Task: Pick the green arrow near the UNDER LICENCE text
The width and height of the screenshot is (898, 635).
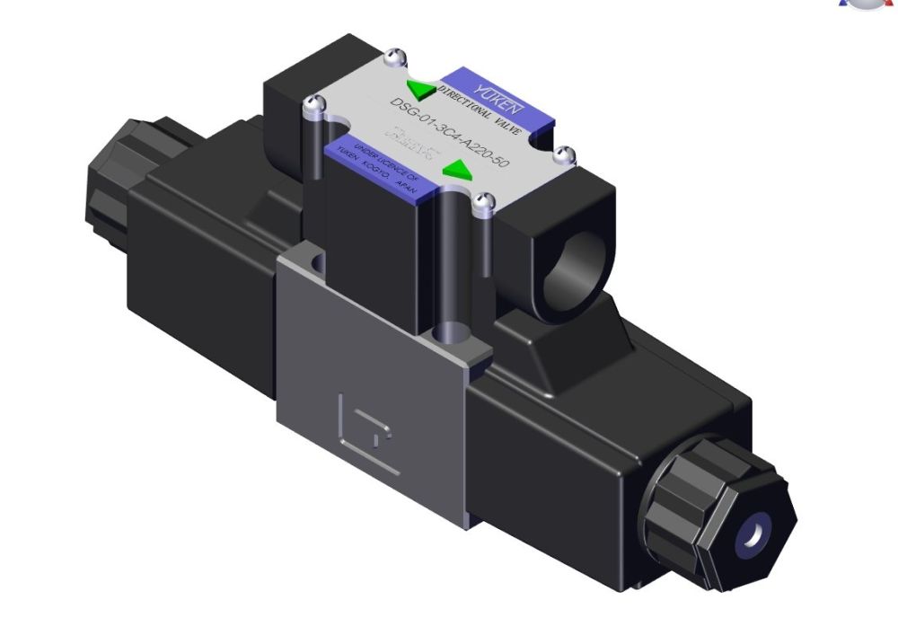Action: pos(458,168)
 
